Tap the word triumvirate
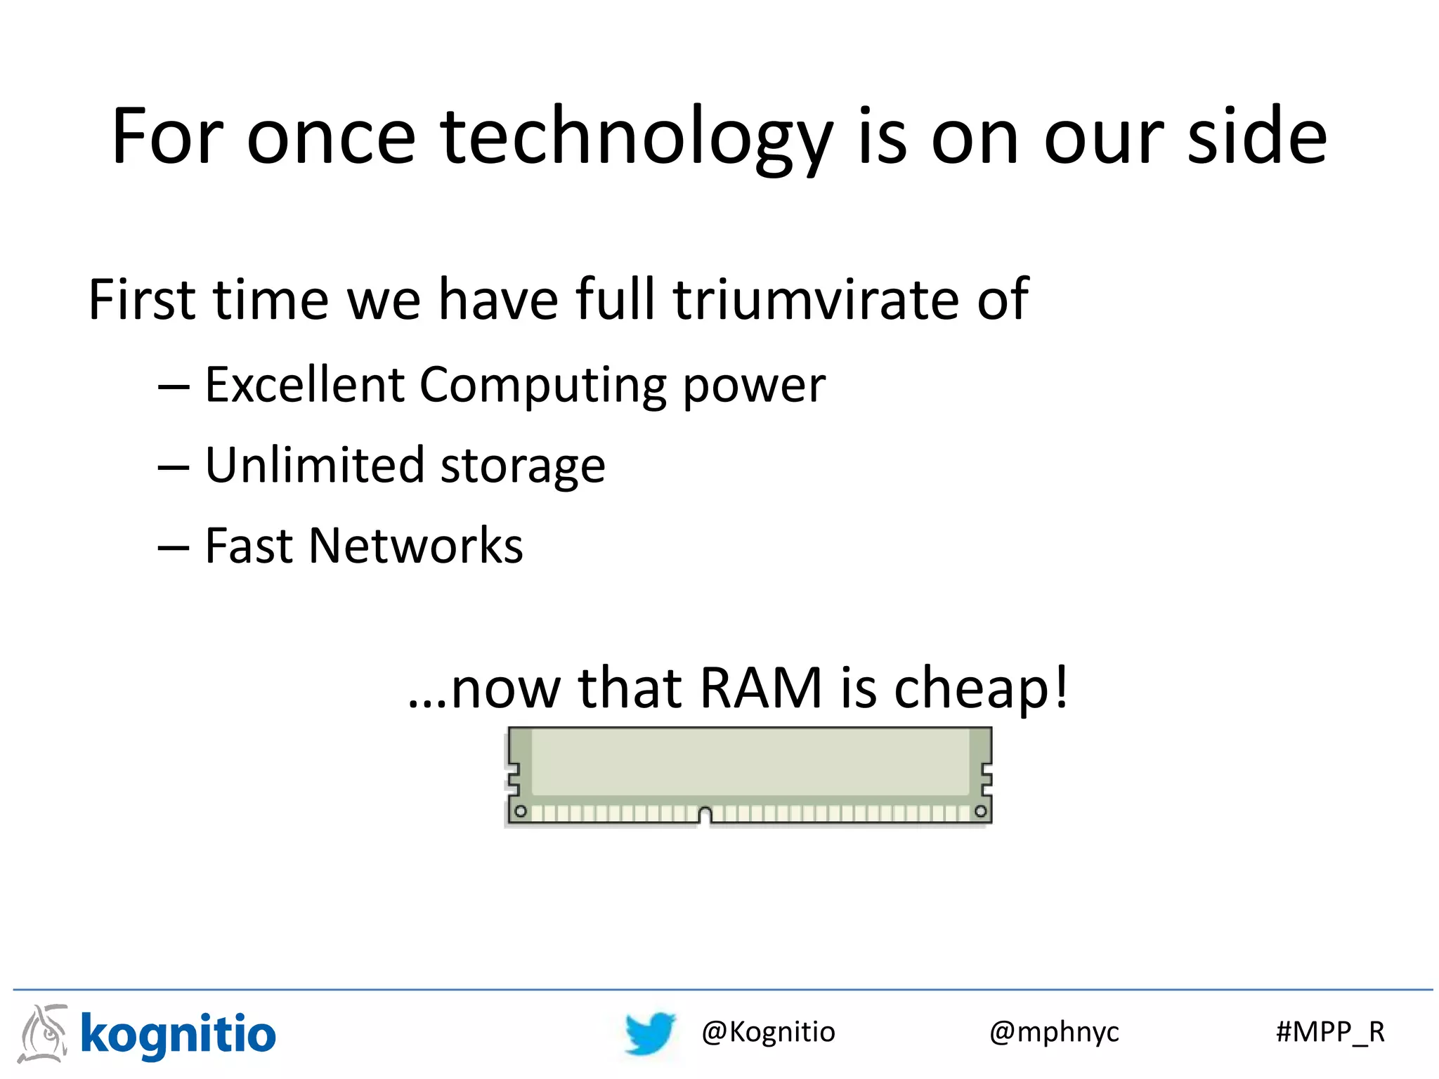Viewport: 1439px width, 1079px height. (x=815, y=299)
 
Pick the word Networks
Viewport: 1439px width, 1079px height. (x=415, y=546)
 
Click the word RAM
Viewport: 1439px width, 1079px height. (x=760, y=688)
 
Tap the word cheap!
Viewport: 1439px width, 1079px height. (x=981, y=689)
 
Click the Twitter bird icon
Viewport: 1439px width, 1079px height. (x=650, y=1033)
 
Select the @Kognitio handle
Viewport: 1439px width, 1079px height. (x=768, y=1032)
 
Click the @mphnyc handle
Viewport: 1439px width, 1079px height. (x=1054, y=1033)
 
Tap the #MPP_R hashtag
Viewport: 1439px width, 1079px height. (x=1330, y=1032)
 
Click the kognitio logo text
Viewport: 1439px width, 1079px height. (x=178, y=1035)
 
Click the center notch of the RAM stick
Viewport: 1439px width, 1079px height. (x=705, y=816)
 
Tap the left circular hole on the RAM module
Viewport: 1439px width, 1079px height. (x=521, y=811)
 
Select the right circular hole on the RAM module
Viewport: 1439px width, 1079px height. (x=981, y=811)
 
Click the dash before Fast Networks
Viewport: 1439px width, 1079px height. (x=174, y=547)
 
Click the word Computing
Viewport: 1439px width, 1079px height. (x=542, y=386)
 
